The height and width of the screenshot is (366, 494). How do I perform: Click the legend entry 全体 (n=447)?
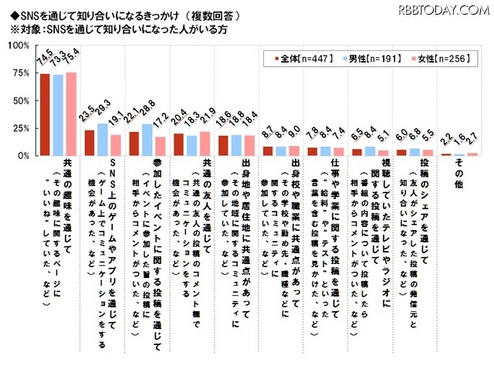click(296, 58)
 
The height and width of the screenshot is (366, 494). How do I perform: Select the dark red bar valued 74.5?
click(45, 115)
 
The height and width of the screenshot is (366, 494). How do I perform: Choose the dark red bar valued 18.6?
click(223, 146)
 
